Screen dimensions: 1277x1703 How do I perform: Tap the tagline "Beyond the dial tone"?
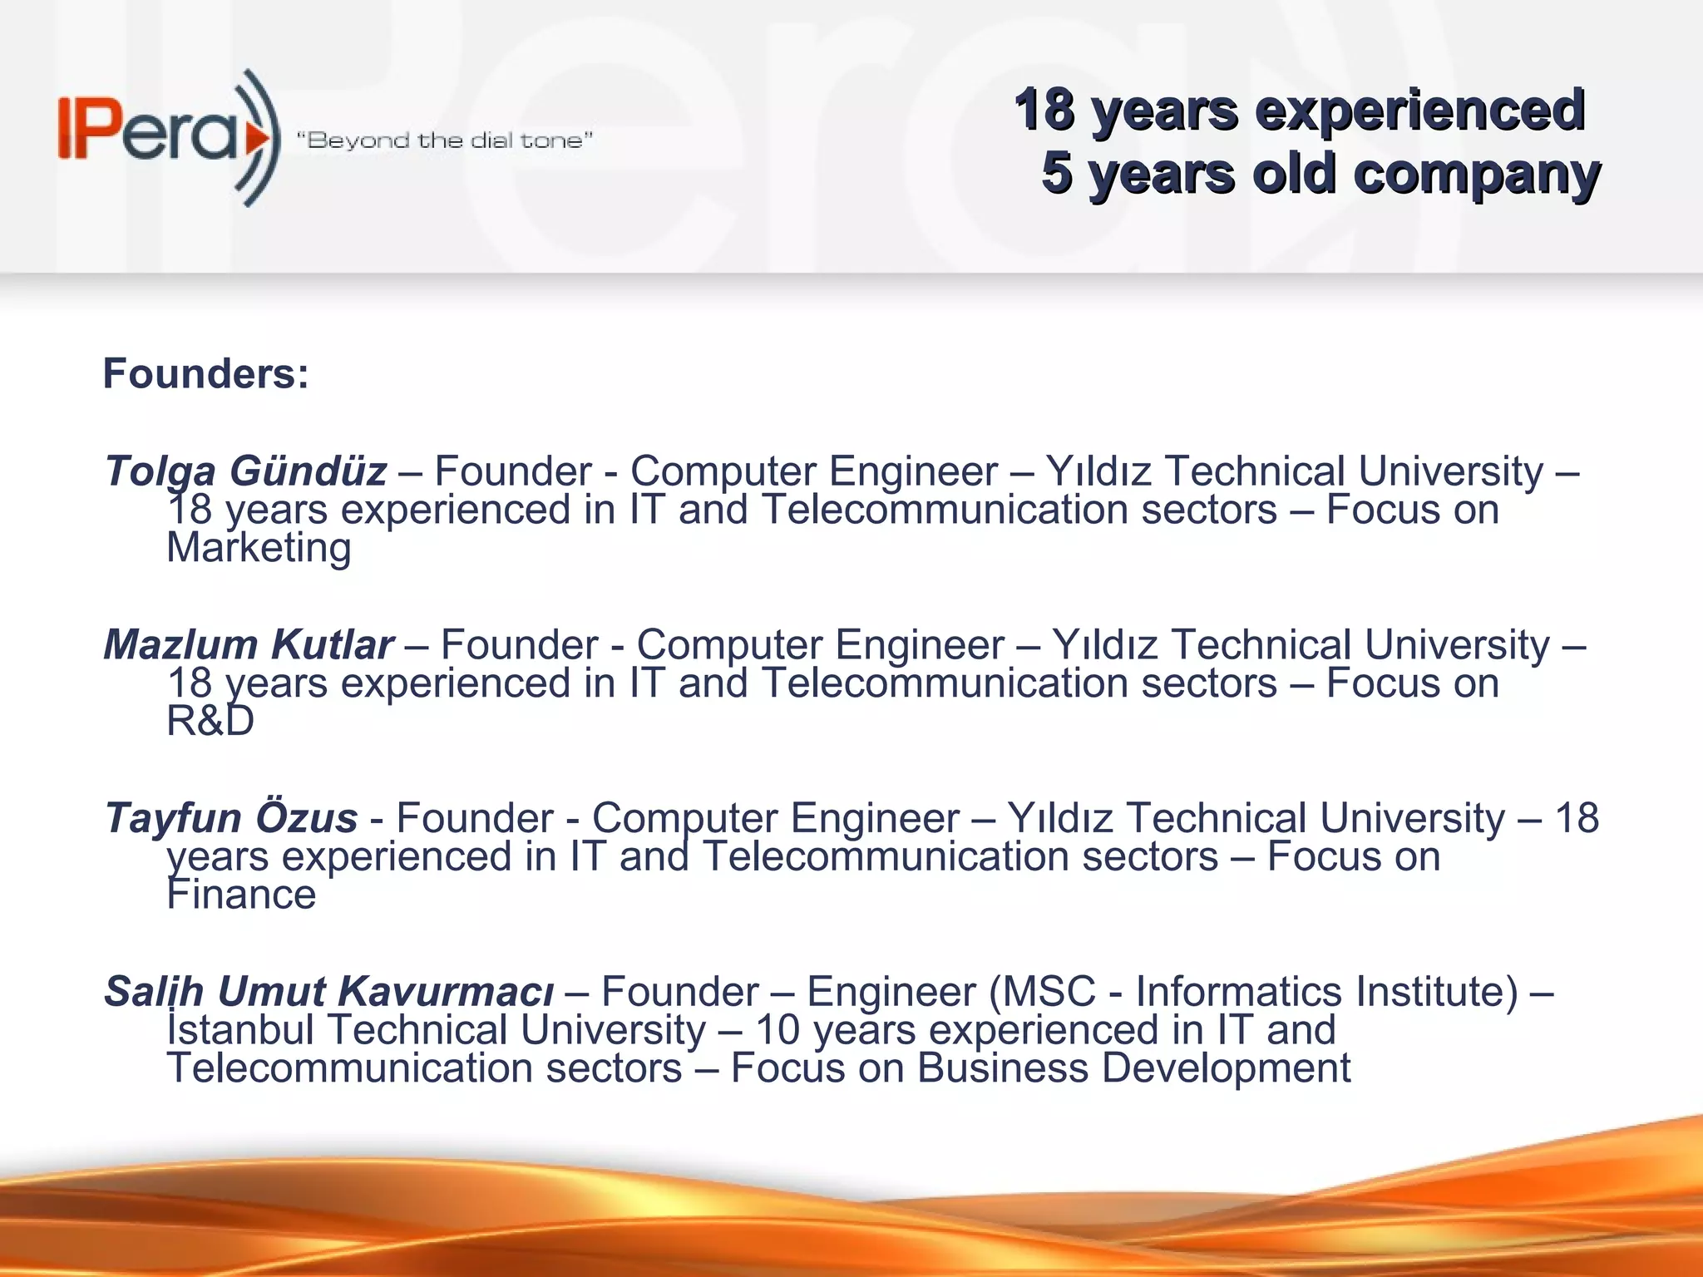coord(444,141)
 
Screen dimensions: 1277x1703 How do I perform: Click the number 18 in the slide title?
coord(1044,110)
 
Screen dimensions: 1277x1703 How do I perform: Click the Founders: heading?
coord(205,373)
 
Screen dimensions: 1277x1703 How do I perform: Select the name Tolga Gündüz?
coord(245,471)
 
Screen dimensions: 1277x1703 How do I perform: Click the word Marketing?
coord(259,548)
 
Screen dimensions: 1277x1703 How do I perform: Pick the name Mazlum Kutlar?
coord(249,645)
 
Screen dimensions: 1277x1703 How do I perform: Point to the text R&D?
coord(210,721)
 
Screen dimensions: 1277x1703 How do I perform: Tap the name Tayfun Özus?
coord(231,818)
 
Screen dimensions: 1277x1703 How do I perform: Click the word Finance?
coord(241,895)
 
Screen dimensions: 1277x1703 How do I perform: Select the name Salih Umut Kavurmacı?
coord(328,992)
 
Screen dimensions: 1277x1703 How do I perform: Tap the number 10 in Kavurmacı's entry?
coord(777,1030)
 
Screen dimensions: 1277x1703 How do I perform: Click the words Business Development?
coord(1133,1068)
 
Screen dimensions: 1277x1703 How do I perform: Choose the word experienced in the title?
coord(1420,110)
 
